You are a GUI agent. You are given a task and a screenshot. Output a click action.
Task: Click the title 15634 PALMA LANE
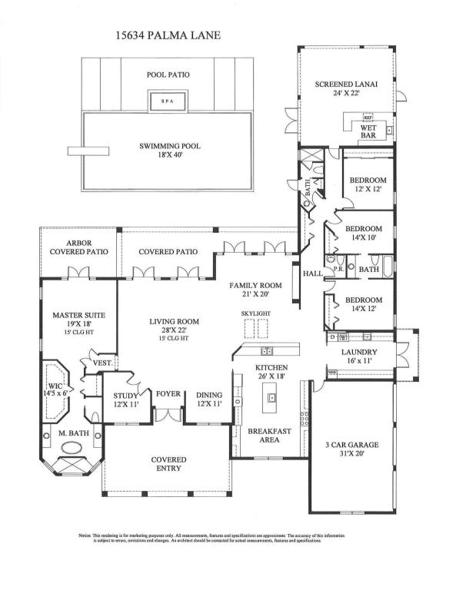(x=168, y=35)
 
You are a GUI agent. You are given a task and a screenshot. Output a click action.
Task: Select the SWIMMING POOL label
(x=168, y=146)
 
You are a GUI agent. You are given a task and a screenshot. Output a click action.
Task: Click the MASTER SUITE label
(x=78, y=315)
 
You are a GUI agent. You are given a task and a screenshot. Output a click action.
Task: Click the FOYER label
(x=168, y=394)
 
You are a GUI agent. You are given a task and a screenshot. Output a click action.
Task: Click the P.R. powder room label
(x=338, y=270)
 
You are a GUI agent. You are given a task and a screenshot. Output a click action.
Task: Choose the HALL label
(x=311, y=273)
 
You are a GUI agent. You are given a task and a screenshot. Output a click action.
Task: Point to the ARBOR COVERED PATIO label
(x=78, y=247)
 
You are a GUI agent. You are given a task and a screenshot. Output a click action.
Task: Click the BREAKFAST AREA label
(x=268, y=436)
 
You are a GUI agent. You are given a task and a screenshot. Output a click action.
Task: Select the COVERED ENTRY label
(x=168, y=464)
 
